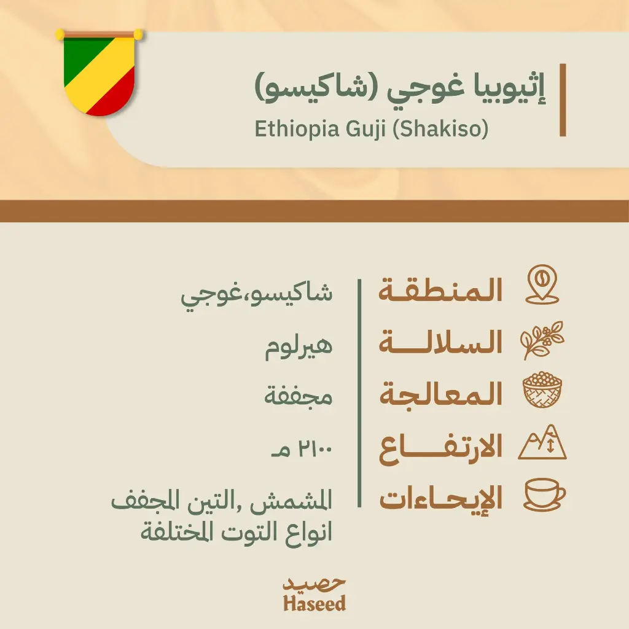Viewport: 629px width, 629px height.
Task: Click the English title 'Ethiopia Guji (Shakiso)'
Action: pyautogui.click(x=370, y=130)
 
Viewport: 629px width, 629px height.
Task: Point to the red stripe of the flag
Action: pyautogui.click(x=117, y=98)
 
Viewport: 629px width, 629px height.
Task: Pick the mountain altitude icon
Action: pyautogui.click(x=542, y=443)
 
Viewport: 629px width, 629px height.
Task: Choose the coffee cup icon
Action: pyautogui.click(x=544, y=494)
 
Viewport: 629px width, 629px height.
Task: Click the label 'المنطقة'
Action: pyautogui.click(x=440, y=291)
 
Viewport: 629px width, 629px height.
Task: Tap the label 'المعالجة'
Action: pyautogui.click(x=440, y=394)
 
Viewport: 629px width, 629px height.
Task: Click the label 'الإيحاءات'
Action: pyautogui.click(x=440, y=499)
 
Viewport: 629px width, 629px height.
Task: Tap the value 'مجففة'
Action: pyautogui.click(x=299, y=397)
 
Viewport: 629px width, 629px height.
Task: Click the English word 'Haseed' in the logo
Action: pyautogui.click(x=314, y=603)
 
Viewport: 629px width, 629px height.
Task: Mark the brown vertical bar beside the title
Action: pyautogui.click(x=562, y=99)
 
